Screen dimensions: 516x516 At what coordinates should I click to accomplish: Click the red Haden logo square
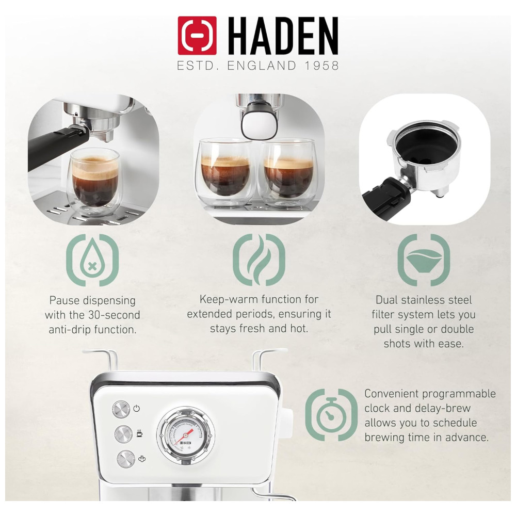tap(197, 36)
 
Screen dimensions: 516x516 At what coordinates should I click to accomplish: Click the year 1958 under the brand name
tap(321, 66)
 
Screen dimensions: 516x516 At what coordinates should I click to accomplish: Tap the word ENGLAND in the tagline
tap(262, 66)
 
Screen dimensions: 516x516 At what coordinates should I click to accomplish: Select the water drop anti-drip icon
tap(92, 260)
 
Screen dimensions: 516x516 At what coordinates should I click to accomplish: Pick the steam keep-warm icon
tap(259, 260)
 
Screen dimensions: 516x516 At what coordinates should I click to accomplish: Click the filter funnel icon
tap(424, 260)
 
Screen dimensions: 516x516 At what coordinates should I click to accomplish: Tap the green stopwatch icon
tap(331, 415)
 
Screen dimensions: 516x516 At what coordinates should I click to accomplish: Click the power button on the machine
tap(121, 409)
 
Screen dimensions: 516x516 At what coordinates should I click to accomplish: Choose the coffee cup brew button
tap(123, 434)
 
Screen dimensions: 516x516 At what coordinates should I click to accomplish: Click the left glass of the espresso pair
tap(225, 172)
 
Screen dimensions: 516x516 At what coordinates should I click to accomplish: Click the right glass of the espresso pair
tap(287, 173)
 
